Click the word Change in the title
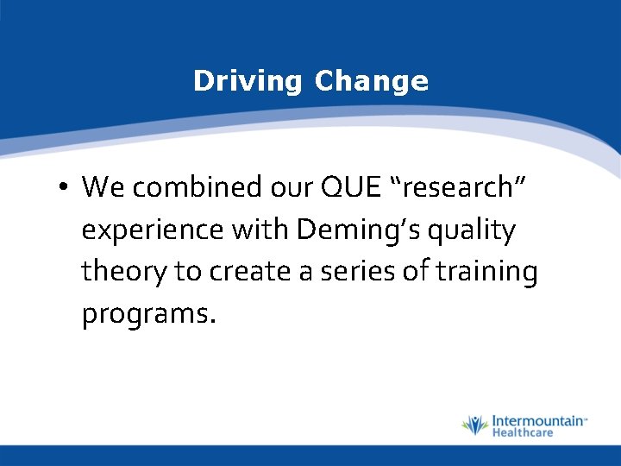pos(371,81)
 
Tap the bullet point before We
pos(65,187)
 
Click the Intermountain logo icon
pos(474,425)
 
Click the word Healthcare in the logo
pos(522,432)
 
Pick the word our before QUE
pos(290,186)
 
